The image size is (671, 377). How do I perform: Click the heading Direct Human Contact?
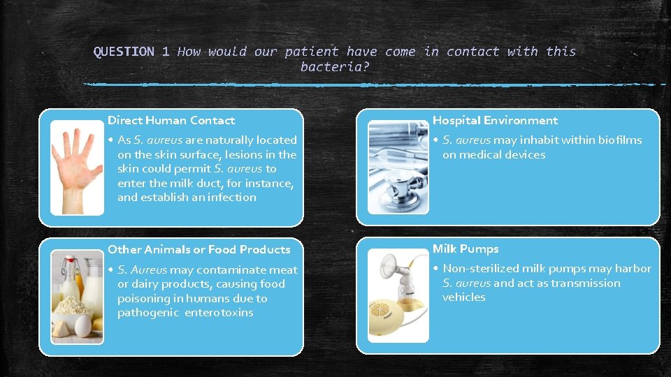(171, 121)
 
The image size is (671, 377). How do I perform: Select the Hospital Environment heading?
(495, 121)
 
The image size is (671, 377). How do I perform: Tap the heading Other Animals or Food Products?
(199, 249)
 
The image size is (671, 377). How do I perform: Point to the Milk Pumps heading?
(466, 249)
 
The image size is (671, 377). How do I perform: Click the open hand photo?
(76, 167)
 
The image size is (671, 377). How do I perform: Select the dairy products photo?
(76, 297)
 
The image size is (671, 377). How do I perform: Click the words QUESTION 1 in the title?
(131, 52)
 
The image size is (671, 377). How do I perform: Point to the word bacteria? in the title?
(335, 67)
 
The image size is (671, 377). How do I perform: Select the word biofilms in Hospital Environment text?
(619, 140)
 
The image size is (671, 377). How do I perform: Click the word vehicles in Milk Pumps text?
(463, 297)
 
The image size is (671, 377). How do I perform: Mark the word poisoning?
(145, 299)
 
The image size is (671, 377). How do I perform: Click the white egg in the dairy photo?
(82, 325)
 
